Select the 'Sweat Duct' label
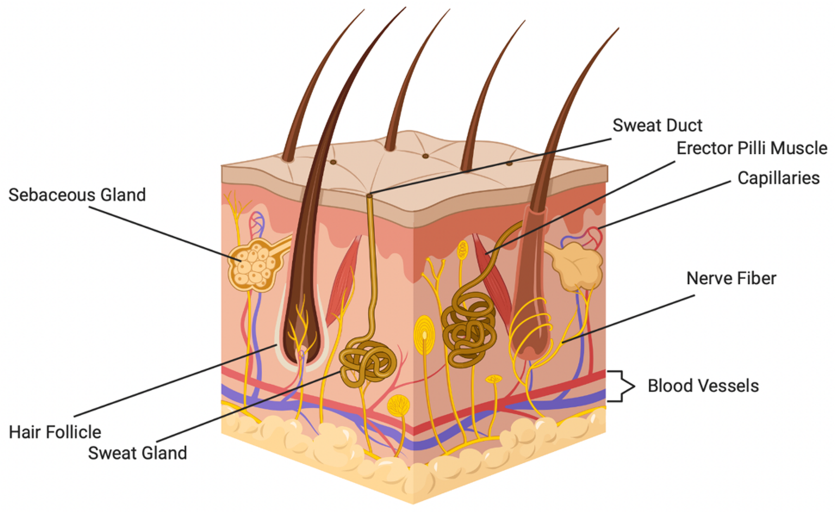pos(657,126)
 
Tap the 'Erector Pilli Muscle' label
pos(752,148)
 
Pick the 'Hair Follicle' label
pos(55,432)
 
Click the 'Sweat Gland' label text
pos(137,453)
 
